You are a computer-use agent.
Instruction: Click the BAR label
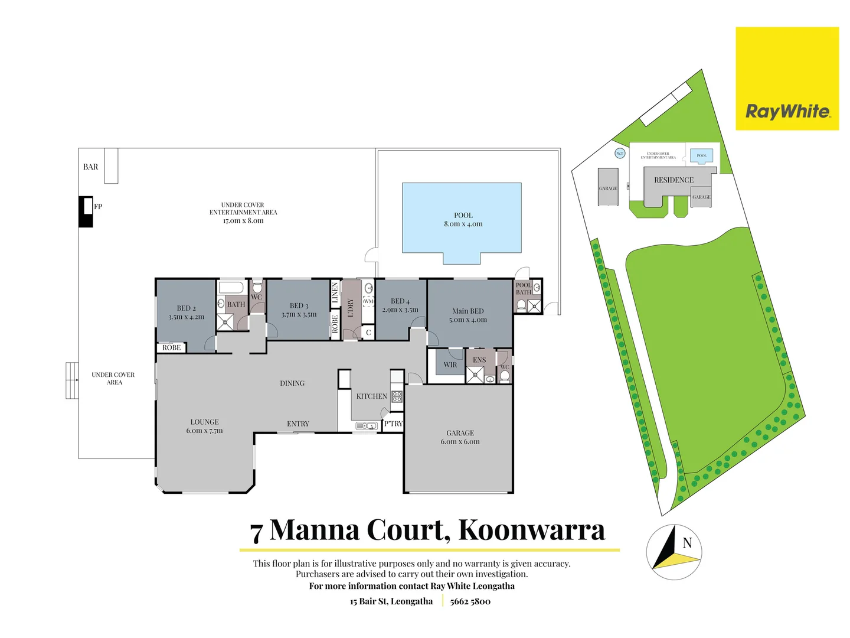(x=90, y=167)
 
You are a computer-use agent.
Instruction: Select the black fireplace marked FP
(x=86, y=211)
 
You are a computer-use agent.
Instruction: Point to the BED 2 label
(x=186, y=308)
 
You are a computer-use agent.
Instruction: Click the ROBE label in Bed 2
(x=171, y=348)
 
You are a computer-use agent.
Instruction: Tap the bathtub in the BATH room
(x=230, y=288)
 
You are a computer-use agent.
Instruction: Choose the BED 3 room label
(x=299, y=306)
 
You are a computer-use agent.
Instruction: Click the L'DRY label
(x=351, y=307)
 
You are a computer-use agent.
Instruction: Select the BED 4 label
(x=400, y=301)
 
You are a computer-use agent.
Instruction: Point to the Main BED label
(x=468, y=311)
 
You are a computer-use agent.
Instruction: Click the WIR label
(x=450, y=365)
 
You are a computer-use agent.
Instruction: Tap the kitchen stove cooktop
(x=397, y=396)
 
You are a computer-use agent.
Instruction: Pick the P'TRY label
(x=393, y=424)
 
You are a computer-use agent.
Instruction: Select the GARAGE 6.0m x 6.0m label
(x=460, y=437)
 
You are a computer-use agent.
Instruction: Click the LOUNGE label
(x=204, y=422)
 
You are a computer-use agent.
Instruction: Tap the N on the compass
(x=687, y=543)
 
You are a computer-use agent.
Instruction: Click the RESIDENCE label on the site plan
(x=674, y=180)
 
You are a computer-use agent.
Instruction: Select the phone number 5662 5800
(x=470, y=601)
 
